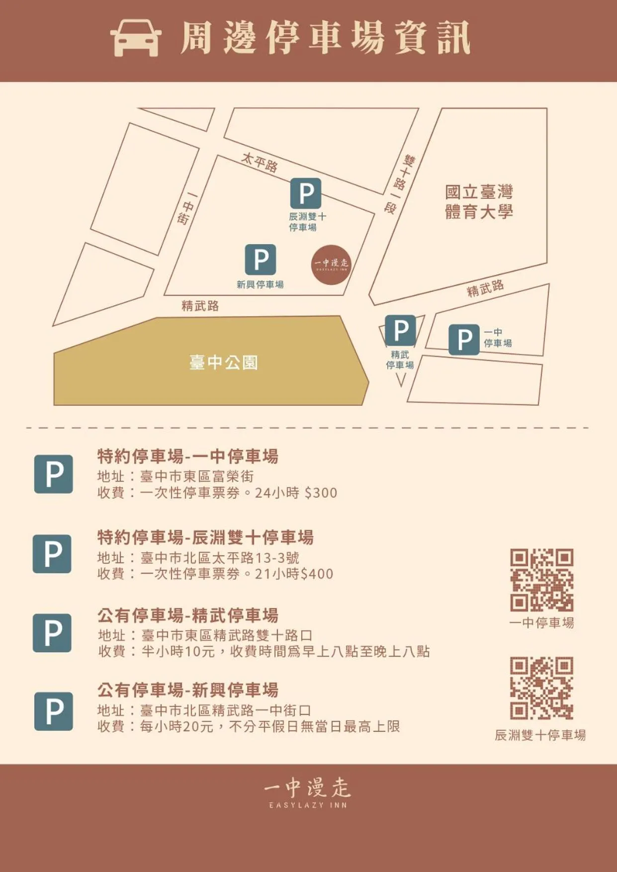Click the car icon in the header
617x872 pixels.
pyautogui.click(x=136, y=38)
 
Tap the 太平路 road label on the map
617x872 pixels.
pyautogui.click(x=259, y=162)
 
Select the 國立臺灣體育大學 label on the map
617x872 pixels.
pyautogui.click(x=478, y=202)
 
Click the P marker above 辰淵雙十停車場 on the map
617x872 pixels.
pyautogui.click(x=306, y=193)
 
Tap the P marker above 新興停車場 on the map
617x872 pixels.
pyautogui.click(x=261, y=260)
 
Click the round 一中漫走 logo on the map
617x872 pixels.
pyautogui.click(x=331, y=264)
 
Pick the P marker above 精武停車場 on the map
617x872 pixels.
pyautogui.click(x=400, y=330)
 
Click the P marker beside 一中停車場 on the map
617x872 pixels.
pyautogui.click(x=464, y=340)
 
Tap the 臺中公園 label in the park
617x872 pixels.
pyautogui.click(x=223, y=362)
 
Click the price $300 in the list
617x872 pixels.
pyautogui.click(x=321, y=493)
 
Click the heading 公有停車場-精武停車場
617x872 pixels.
pyautogui.click(x=188, y=615)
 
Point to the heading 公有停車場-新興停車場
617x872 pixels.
pyautogui.click(x=188, y=690)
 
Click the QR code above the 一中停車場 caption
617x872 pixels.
pyautogui.click(x=541, y=580)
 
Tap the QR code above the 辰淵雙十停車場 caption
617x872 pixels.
pyautogui.click(x=541, y=688)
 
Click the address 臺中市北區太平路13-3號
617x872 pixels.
pyautogui.click(x=220, y=557)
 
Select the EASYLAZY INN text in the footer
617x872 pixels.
pyautogui.click(x=308, y=805)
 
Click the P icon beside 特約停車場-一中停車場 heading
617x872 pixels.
pyautogui.click(x=53, y=474)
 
